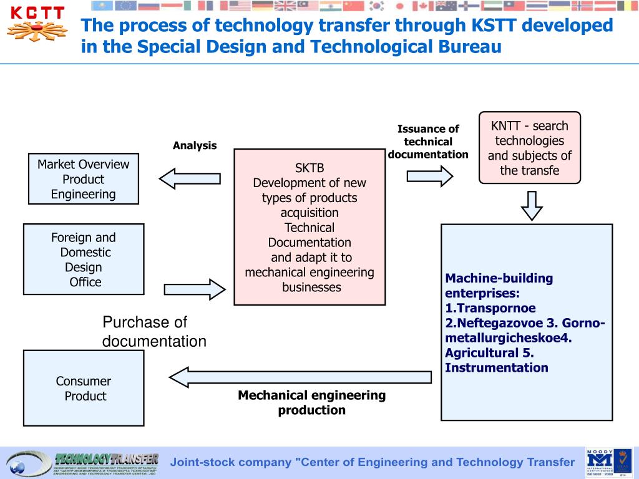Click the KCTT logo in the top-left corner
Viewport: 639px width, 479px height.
37,25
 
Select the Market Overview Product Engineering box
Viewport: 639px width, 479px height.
83,179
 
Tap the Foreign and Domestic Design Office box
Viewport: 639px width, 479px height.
83,259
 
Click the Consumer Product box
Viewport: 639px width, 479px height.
83,388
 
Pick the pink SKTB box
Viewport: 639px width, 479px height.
310,227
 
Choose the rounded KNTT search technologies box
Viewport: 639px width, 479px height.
529,148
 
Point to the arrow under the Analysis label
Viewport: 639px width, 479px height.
190,178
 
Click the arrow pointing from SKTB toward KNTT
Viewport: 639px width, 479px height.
429,177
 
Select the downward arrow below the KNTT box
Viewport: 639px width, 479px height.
532,205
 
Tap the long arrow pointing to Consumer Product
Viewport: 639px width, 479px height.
300,377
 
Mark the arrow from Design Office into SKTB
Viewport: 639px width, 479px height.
194,289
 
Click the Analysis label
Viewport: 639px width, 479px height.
195,146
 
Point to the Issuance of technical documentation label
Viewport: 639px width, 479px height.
428,142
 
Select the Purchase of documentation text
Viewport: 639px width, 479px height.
154,332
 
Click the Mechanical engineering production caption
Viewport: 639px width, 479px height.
311,402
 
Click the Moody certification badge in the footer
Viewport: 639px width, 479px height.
600,463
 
